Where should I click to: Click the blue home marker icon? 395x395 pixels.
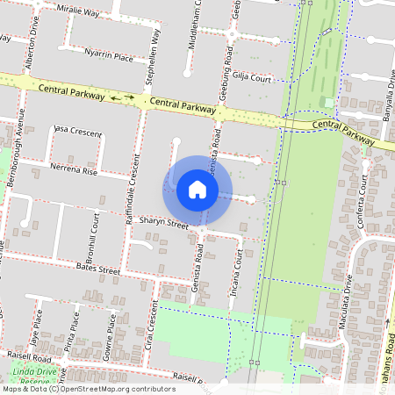(x=197, y=189)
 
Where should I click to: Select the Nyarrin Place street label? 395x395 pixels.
(x=109, y=57)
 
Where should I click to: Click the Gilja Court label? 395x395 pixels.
(x=254, y=77)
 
